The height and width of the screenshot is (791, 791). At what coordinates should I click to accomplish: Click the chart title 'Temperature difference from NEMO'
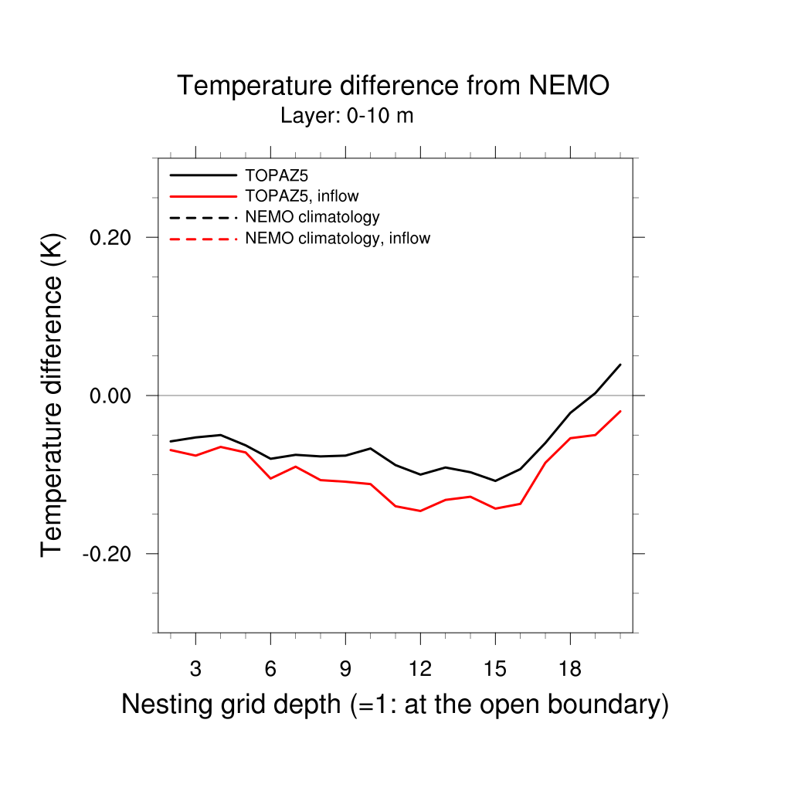pos(393,86)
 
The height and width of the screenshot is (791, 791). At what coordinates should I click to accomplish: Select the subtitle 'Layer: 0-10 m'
pos(347,117)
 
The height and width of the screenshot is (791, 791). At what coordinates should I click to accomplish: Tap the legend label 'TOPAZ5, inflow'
pos(301,195)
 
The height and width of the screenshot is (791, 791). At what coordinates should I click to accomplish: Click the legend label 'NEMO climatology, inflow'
pos(337,238)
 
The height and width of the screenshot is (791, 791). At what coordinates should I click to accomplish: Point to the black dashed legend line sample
pos(202,217)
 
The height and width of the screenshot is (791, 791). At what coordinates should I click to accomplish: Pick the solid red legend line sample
pos(202,195)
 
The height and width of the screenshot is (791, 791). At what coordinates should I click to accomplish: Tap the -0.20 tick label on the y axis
pos(109,554)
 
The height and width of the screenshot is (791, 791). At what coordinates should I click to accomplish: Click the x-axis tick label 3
pos(195,669)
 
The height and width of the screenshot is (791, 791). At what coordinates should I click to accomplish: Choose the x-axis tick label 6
pos(270,669)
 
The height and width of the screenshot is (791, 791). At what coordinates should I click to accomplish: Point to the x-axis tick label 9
pos(345,669)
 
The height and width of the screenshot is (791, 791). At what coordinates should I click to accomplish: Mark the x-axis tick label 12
pos(419,669)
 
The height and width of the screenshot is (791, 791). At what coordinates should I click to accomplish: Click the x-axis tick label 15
pos(494,669)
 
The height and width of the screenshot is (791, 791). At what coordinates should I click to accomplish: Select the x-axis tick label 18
pos(569,669)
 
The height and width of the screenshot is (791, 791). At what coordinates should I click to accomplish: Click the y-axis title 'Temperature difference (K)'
pos(53,395)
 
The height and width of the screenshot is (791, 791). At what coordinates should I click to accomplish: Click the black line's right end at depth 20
pos(620,365)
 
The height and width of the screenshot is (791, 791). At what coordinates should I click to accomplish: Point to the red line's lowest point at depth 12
pos(420,511)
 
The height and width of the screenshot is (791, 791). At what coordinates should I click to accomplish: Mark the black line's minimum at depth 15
pos(495,480)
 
